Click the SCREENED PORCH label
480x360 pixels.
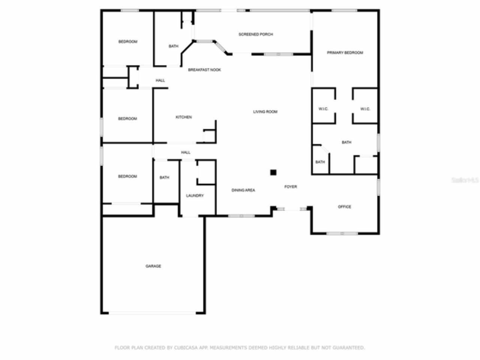pyautogui.click(x=256, y=34)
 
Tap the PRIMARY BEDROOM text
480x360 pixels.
pyautogui.click(x=345, y=53)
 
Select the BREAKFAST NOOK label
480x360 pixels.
pyautogui.click(x=204, y=70)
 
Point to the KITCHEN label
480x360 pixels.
pyautogui.click(x=184, y=117)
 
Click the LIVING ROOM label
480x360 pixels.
pyautogui.click(x=265, y=112)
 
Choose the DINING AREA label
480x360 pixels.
pyautogui.click(x=243, y=190)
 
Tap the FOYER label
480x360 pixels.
pyautogui.click(x=291, y=187)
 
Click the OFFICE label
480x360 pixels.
pyautogui.click(x=344, y=207)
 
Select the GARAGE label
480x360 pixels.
pyautogui.click(x=153, y=266)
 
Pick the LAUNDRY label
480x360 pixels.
pyautogui.click(x=195, y=196)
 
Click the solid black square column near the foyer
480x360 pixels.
pyautogui.click(x=273, y=172)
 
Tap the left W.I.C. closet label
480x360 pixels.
pyautogui.click(x=323, y=109)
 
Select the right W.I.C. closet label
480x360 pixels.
pyautogui.click(x=365, y=109)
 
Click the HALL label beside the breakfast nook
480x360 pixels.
pyautogui.click(x=160, y=81)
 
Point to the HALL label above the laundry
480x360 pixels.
pyautogui.click(x=186, y=153)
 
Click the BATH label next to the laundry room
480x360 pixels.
pyautogui.click(x=164, y=178)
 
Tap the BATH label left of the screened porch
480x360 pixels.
pyautogui.click(x=173, y=46)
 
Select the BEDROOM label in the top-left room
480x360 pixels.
pyautogui.click(x=128, y=42)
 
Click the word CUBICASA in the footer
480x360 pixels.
pyautogui.click(x=184, y=348)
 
